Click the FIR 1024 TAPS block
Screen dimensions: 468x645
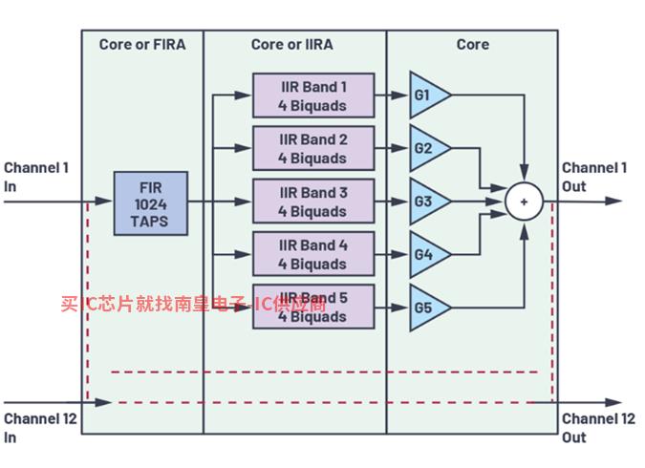151,202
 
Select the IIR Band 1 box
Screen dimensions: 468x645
313,96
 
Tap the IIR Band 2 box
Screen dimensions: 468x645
313,148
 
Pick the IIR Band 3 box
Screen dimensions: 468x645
313,202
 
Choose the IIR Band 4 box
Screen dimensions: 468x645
313,254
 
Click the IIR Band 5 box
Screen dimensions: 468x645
313,307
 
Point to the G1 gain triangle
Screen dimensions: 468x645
426,96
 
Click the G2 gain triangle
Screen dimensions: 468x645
426,148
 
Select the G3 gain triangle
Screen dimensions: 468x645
426,202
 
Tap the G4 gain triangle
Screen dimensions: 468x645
426,254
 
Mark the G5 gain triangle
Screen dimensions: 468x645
426,307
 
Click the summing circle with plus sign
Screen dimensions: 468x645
524,202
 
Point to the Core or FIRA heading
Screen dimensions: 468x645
142,44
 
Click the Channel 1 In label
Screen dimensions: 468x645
36,177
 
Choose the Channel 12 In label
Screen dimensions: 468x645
40,428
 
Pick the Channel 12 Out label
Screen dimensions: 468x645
598,428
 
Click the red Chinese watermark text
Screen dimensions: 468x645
191,305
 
